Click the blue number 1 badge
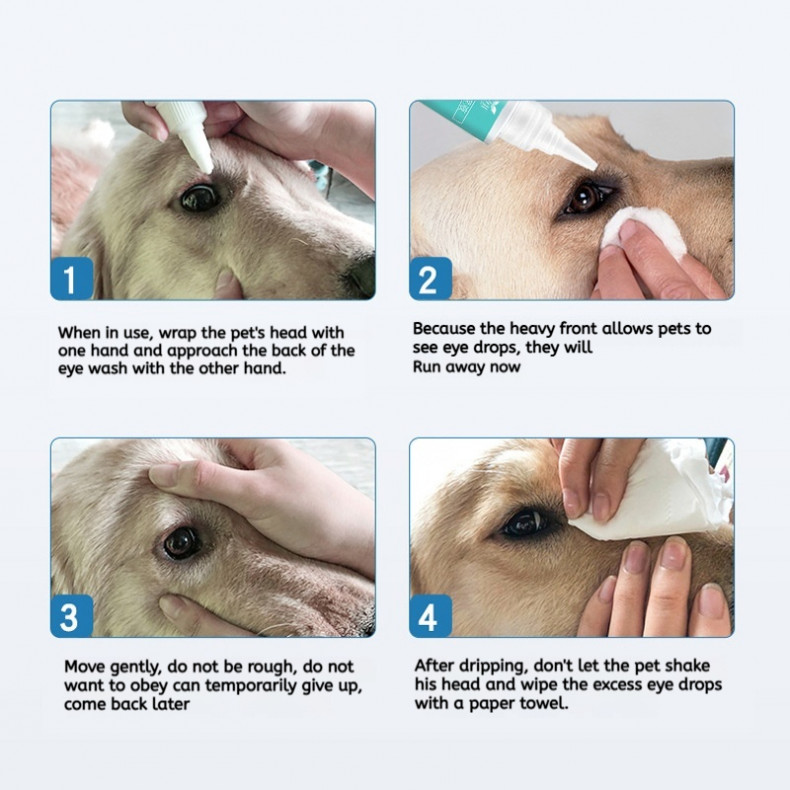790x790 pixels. (x=72, y=278)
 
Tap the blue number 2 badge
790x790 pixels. (x=431, y=278)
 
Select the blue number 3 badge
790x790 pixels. (x=72, y=616)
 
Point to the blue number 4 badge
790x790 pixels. (x=431, y=616)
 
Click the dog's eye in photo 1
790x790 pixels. (x=200, y=198)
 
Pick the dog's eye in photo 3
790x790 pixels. (x=181, y=543)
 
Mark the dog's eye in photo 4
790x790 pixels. (x=525, y=523)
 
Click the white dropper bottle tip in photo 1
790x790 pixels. (x=206, y=167)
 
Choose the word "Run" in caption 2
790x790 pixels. (x=426, y=367)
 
